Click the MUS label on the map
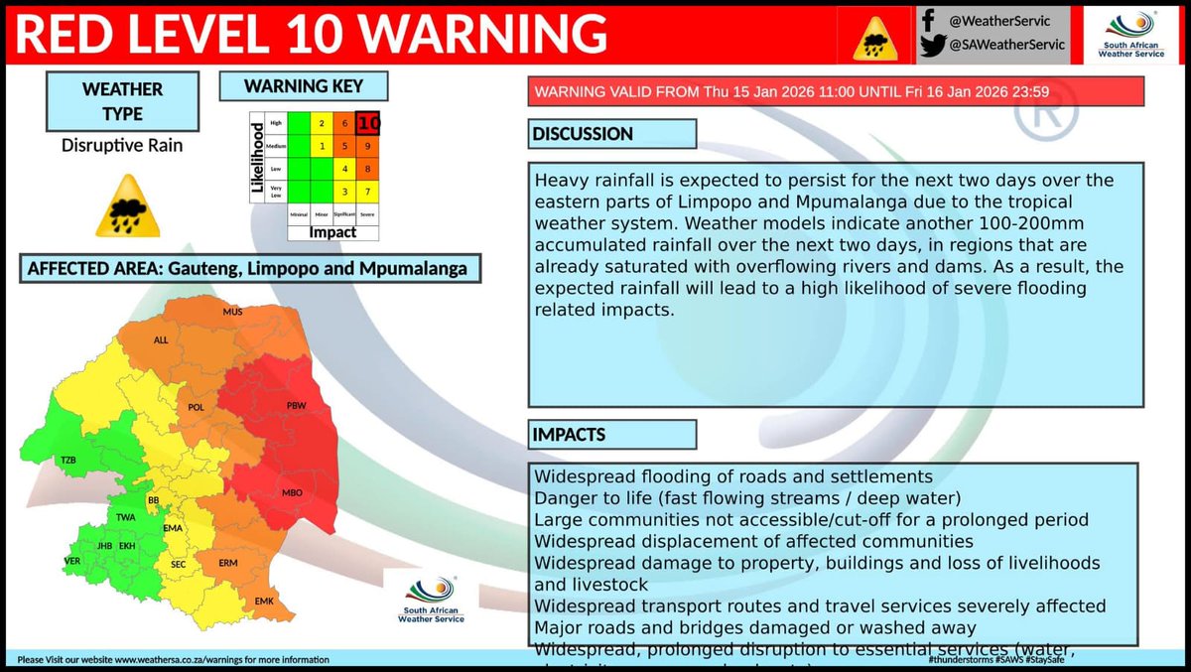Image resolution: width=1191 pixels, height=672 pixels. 233,312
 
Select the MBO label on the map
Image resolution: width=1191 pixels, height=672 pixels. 292,493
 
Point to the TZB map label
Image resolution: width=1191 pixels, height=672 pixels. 68,461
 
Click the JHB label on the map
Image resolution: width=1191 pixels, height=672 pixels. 101,546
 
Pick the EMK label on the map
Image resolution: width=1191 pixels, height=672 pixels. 264,602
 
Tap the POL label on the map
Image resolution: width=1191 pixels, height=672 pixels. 196,407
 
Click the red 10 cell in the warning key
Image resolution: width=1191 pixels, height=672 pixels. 368,124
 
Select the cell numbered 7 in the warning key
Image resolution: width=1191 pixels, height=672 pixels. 368,190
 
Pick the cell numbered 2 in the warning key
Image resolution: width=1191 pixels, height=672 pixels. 322,124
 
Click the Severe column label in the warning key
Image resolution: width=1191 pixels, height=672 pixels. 368,213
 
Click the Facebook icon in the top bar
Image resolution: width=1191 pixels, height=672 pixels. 928,19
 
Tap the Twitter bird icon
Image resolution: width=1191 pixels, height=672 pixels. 930,45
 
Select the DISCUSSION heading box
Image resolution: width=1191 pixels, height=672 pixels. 611,134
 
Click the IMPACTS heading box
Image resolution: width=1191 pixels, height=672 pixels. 611,435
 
